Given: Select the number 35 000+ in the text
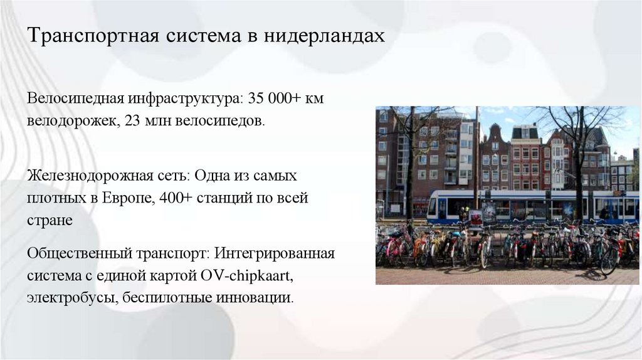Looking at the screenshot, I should (274, 99).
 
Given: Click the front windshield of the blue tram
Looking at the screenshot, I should (433, 206).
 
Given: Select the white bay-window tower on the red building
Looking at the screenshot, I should (465, 151).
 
